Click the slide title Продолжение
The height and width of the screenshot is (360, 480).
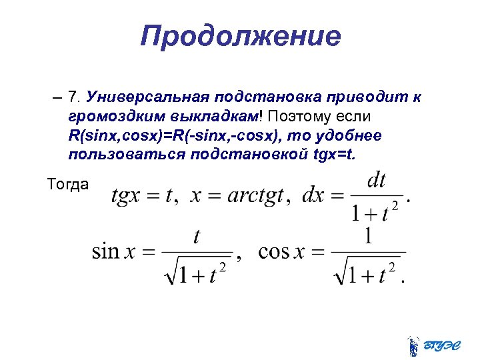click(240, 36)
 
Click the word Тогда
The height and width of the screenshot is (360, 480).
click(68, 184)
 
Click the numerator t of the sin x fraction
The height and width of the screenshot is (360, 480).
click(197, 237)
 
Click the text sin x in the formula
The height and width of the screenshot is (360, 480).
click(115, 252)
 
